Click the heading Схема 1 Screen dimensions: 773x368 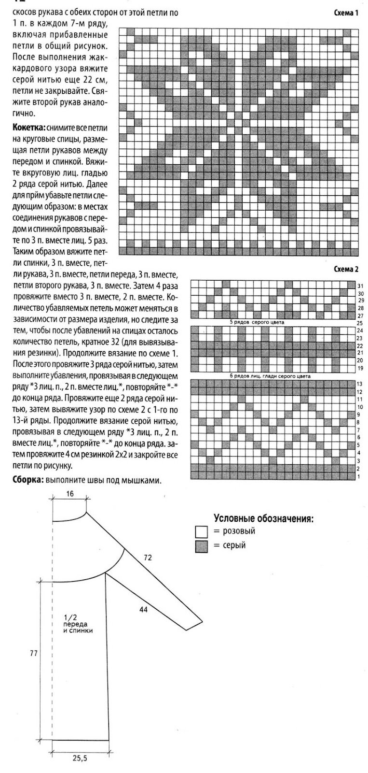tap(346, 14)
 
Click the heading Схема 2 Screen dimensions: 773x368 tap(346, 270)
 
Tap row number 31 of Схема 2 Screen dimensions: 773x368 tap(360, 286)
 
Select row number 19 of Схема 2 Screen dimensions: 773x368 tap(360, 368)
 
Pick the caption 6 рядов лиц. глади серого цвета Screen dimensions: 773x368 tap(270, 376)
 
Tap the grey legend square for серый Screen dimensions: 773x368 tap(201, 546)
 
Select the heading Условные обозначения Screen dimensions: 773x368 tap(264, 519)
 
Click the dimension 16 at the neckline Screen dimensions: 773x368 tap(70, 493)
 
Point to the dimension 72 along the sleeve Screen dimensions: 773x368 tap(148, 558)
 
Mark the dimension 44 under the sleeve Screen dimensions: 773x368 tap(143, 610)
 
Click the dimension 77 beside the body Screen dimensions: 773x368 tap(34, 653)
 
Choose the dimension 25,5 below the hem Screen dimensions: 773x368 tap(80, 759)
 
